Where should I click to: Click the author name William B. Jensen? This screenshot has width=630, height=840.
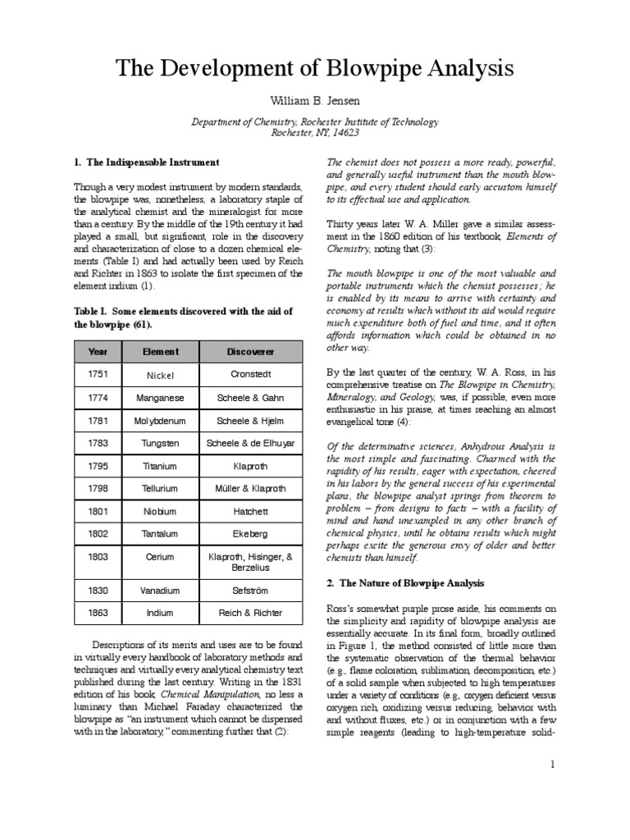click(x=315, y=99)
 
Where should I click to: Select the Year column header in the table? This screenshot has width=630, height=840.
click(x=98, y=351)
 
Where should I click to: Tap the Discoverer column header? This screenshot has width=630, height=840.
click(x=251, y=351)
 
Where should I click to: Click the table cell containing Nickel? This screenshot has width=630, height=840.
click(x=161, y=375)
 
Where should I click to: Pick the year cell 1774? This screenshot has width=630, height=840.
click(x=98, y=398)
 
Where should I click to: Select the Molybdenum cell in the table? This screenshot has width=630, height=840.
click(x=161, y=421)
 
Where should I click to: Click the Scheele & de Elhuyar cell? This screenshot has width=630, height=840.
click(x=251, y=444)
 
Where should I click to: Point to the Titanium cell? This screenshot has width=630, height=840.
click(x=161, y=466)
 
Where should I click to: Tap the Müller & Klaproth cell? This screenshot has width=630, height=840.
click(x=251, y=489)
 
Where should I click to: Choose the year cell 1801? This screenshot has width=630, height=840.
click(x=98, y=511)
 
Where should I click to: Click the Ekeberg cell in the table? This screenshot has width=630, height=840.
click(x=251, y=534)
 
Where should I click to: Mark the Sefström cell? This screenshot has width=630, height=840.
click(x=251, y=590)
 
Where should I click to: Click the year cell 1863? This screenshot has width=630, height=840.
click(x=98, y=613)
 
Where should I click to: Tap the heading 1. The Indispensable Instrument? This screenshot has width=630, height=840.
click(x=146, y=163)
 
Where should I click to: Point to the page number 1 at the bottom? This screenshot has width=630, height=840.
click(x=553, y=765)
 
